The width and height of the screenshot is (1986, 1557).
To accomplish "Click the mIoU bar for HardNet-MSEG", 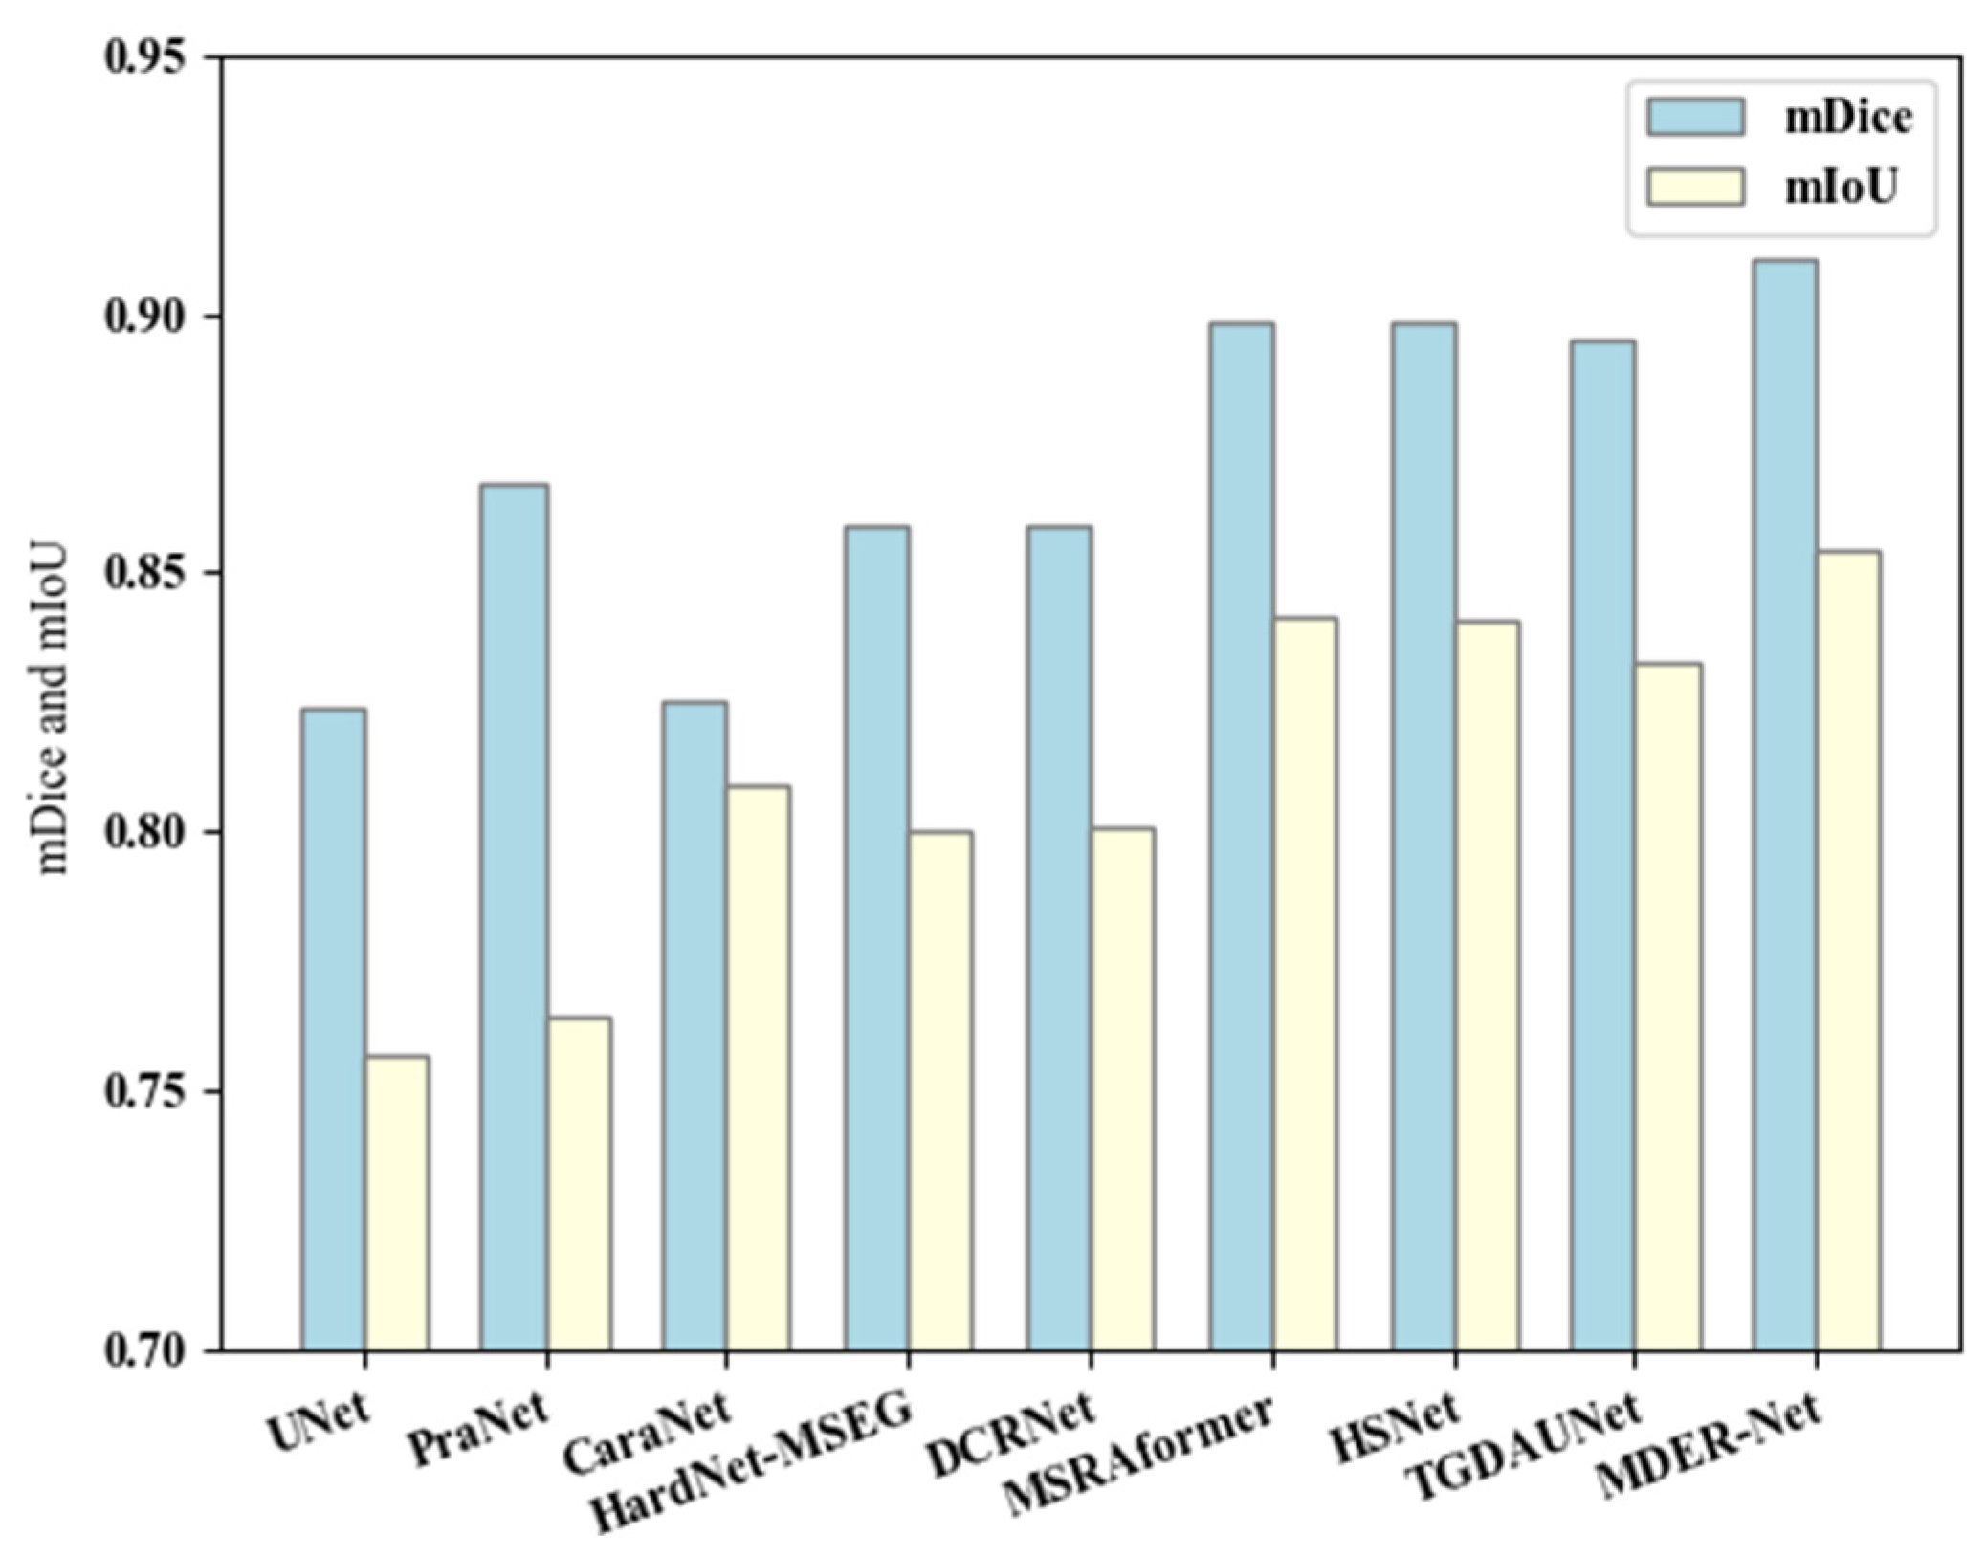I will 940,1090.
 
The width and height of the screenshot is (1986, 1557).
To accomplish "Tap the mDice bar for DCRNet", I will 1059,937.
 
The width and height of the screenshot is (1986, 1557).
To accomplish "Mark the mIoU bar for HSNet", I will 1487,985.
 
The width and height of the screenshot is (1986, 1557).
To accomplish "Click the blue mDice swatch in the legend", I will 1694,116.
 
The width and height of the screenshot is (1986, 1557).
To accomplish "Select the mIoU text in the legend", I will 1840,188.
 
